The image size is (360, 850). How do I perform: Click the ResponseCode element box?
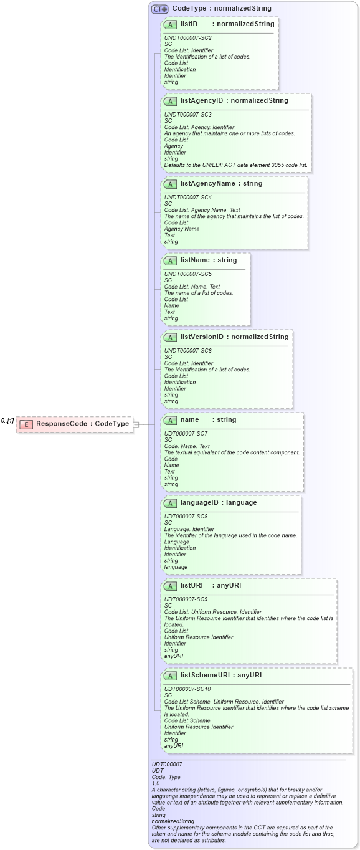(74, 424)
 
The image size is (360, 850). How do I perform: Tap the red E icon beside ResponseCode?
(26, 424)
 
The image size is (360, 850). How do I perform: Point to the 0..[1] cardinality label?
(7, 421)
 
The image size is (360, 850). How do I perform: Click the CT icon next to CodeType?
(160, 9)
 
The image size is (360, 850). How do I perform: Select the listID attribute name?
(189, 24)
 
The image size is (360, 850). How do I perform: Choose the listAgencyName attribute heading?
(221, 184)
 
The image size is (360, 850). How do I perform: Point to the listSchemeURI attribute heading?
(220, 675)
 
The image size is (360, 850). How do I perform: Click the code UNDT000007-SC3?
(187, 115)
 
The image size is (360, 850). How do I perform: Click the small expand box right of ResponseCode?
(136, 424)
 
